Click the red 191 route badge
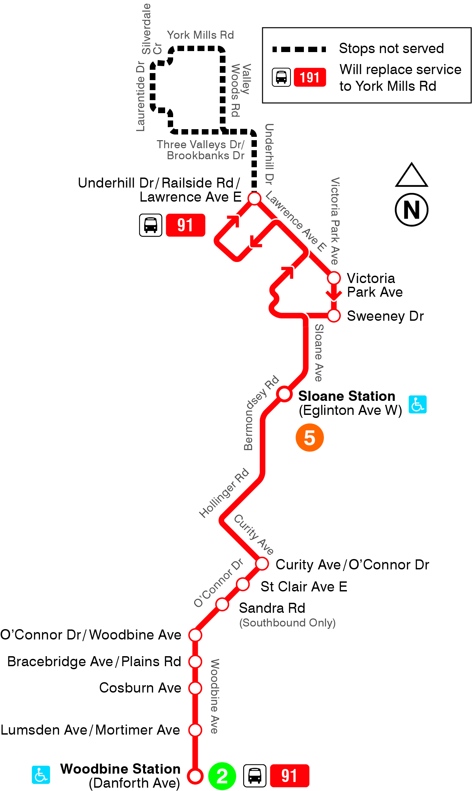coord(310,77)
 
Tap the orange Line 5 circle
coord(310,438)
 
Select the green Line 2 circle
coord(222,776)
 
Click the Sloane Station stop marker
coord(285,394)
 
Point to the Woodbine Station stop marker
coord(195,776)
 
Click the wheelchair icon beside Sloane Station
coord(417,404)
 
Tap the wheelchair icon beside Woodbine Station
coord(41,775)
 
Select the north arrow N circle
coord(412,210)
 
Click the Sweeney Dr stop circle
coord(334,315)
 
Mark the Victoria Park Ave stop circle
coord(334,278)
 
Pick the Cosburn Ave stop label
coord(140,688)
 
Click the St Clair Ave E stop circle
coord(243,584)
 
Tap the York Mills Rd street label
coord(200,35)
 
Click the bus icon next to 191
coord(281,77)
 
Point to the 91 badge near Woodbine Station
coord(289,776)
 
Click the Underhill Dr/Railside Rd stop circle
coord(254,198)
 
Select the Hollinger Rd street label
coord(224,493)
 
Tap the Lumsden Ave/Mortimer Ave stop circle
coord(195,730)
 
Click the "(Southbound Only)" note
coord(287,623)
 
